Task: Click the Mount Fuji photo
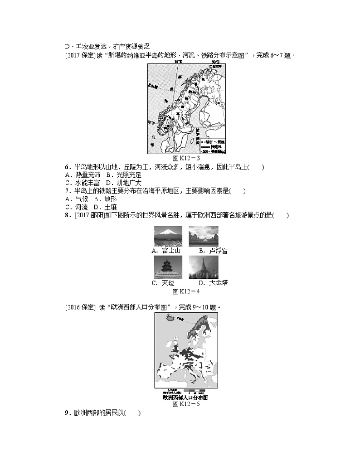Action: point(168,236)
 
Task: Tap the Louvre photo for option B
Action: point(203,236)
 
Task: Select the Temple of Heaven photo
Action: point(168,267)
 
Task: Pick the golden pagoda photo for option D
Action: point(203,267)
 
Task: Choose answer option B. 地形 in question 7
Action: point(99,199)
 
